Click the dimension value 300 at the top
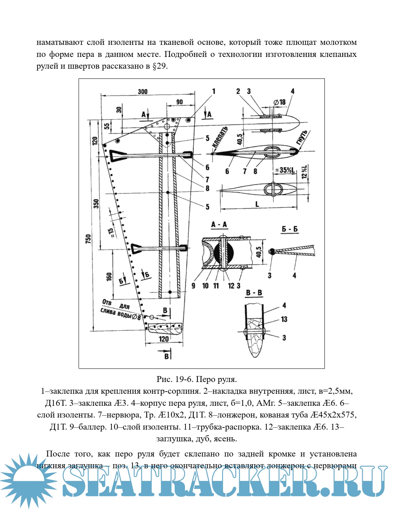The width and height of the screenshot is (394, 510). tap(143, 92)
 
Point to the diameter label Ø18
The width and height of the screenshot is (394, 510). tap(280, 102)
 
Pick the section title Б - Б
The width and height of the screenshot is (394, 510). tap(289, 229)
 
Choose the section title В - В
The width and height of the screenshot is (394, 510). tap(254, 292)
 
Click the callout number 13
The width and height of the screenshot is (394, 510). tap(284, 319)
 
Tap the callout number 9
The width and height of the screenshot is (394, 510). tap(193, 286)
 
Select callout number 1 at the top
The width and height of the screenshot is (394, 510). tap(213, 91)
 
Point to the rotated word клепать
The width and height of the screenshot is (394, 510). tap(220, 136)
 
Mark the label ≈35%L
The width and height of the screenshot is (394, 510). tap(285, 170)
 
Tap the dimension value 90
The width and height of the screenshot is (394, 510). tap(179, 102)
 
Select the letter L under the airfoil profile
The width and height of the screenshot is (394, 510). tap(257, 204)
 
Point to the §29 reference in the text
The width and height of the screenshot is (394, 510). tap(160, 66)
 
